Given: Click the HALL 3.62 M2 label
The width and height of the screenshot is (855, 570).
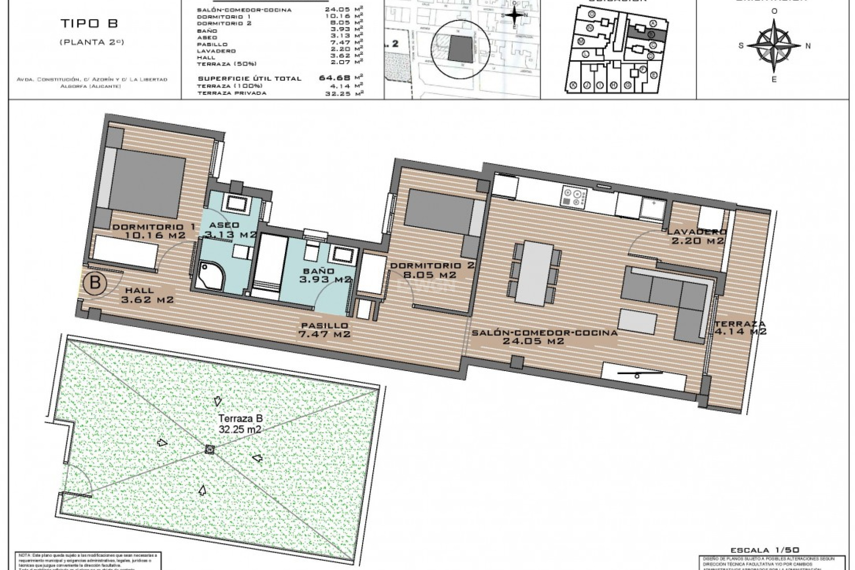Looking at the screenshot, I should (x=147, y=295).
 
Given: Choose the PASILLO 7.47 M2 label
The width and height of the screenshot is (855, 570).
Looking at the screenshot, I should (x=325, y=330).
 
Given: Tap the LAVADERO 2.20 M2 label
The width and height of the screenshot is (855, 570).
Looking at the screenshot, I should (x=697, y=236).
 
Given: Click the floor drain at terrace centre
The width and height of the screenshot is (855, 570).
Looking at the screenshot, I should (x=210, y=450).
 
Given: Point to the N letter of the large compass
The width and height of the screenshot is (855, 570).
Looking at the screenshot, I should (x=808, y=45).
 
